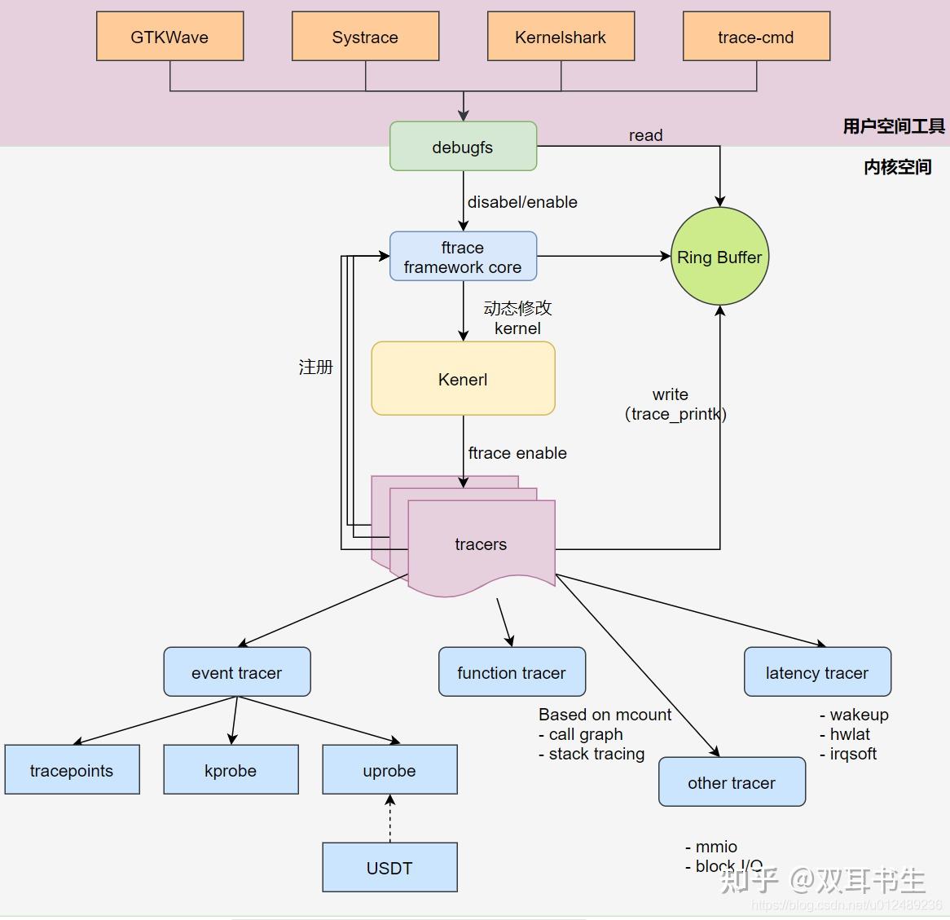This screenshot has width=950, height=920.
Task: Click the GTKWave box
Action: (x=169, y=37)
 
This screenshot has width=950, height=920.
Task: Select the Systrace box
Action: (x=365, y=37)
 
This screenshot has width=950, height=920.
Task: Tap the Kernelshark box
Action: (x=561, y=37)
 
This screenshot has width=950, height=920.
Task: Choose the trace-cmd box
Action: (x=756, y=37)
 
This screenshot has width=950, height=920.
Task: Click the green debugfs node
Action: (x=463, y=147)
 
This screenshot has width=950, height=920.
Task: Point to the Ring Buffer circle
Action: (x=719, y=257)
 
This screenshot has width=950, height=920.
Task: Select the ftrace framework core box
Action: (x=463, y=257)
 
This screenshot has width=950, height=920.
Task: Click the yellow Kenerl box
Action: (x=463, y=379)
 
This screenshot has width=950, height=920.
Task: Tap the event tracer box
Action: (x=236, y=672)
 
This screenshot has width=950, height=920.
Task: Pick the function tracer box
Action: (x=512, y=672)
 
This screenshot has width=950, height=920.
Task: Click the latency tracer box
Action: (x=817, y=672)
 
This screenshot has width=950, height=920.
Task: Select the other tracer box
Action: (x=732, y=782)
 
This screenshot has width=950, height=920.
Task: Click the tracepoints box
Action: (x=72, y=770)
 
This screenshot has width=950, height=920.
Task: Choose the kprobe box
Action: (x=231, y=770)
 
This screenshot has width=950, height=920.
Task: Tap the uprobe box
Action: (x=389, y=770)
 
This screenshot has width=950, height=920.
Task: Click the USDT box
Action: (x=389, y=868)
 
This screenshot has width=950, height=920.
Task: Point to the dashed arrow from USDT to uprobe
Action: (x=389, y=819)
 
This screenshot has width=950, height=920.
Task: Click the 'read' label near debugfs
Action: (x=645, y=135)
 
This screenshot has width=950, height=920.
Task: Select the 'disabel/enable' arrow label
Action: (x=522, y=202)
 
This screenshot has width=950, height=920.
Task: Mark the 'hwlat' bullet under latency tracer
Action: (x=849, y=734)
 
